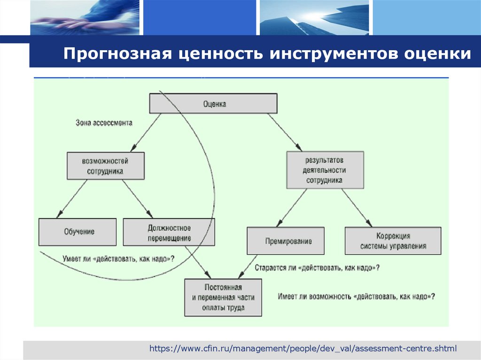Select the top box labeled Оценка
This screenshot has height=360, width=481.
click(214, 104)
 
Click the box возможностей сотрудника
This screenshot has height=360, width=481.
click(105, 166)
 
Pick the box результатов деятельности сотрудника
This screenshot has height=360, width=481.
click(325, 170)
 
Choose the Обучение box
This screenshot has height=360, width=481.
click(78, 232)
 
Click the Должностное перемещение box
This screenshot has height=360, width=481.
click(169, 232)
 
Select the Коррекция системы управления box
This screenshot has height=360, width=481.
click(393, 241)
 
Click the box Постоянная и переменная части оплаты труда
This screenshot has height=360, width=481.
click(223, 297)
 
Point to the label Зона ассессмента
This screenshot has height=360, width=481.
click(104, 123)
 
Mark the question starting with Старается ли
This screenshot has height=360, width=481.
click(317, 268)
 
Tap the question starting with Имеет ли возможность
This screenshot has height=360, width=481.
click(356, 297)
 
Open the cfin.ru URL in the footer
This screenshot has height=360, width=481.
click(303, 348)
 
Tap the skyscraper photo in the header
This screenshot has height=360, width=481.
click(314, 18)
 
